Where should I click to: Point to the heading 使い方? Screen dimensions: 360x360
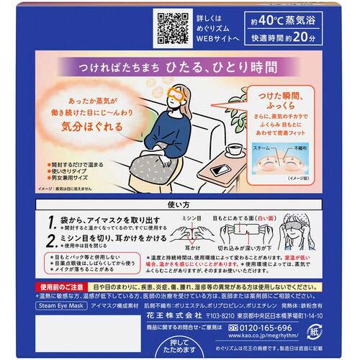coord(179,206)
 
